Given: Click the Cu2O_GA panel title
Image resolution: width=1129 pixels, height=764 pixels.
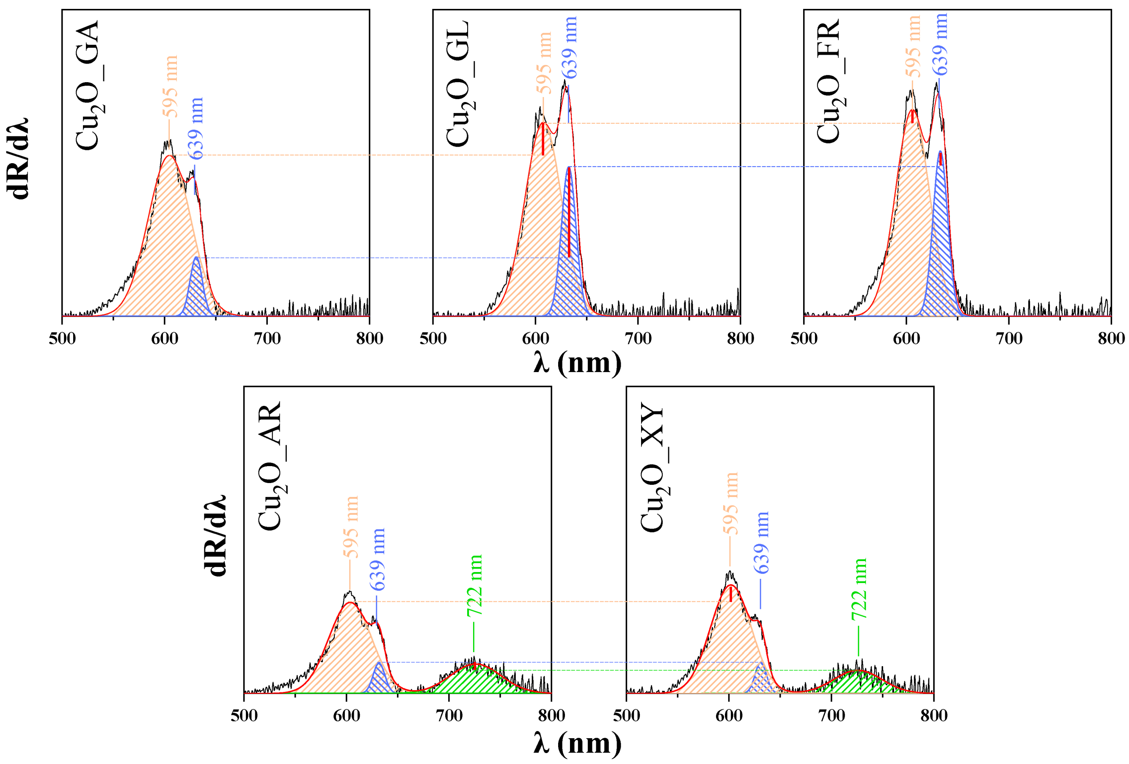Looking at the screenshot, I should [88, 85].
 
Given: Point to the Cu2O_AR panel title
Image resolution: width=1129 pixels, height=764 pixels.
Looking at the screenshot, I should [270, 465].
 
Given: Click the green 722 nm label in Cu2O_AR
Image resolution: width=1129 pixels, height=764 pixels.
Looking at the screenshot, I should [475, 585].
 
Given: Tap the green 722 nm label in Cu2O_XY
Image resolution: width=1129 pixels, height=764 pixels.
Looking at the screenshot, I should [859, 589].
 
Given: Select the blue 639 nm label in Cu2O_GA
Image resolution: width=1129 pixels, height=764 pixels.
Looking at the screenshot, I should [196, 129].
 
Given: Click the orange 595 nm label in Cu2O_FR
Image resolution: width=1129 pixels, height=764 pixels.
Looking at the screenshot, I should [913, 46].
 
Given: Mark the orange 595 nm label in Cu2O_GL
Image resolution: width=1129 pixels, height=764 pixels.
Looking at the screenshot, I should [544, 63].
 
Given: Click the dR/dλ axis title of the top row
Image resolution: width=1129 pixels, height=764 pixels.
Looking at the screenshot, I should [18, 158].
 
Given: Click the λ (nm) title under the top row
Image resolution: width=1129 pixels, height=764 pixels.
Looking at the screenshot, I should [577, 363].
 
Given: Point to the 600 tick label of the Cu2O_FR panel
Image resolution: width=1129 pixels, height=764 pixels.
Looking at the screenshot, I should [906, 339].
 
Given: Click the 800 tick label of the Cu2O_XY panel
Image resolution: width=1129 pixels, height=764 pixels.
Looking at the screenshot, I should [933, 715].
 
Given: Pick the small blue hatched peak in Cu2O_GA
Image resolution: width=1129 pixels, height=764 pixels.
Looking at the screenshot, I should [197, 292].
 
